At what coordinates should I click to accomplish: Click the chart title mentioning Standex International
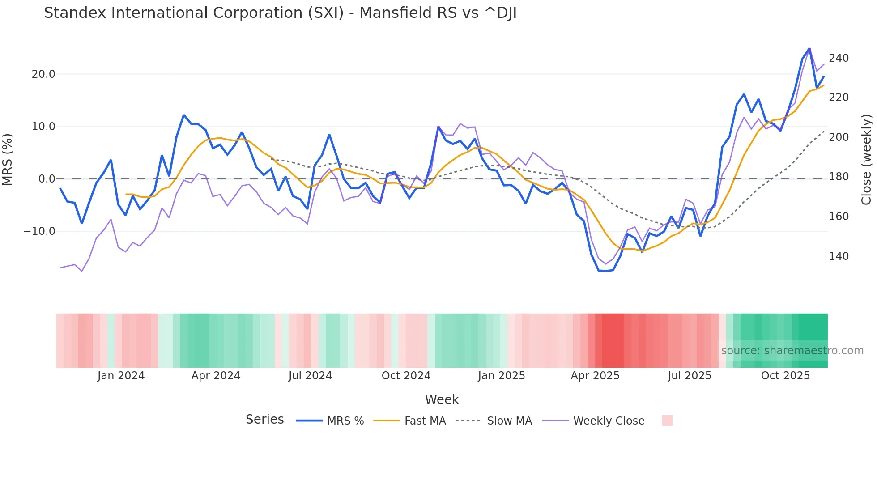pos(280,13)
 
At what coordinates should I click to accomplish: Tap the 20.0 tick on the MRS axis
pos(43,74)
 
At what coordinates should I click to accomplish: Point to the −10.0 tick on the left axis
pos(40,231)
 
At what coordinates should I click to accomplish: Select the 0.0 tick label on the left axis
pos(47,179)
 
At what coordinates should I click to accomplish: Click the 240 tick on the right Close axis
pos(839,58)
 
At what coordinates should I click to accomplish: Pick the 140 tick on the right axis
pos(839,256)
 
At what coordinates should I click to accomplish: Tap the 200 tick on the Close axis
pos(839,137)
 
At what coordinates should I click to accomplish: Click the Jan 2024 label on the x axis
pos(121,376)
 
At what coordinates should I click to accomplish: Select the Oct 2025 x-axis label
pos(785,376)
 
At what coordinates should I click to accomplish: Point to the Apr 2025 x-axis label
pos(595,376)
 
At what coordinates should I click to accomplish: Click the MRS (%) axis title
pos(8,160)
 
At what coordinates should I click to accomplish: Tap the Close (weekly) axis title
pos(867,160)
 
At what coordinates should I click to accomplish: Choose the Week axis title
pos(442,399)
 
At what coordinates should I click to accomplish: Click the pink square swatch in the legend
pos(667,421)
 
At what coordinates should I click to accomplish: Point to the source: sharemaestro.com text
pos(792,351)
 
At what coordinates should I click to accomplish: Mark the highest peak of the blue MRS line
pos(809,48)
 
